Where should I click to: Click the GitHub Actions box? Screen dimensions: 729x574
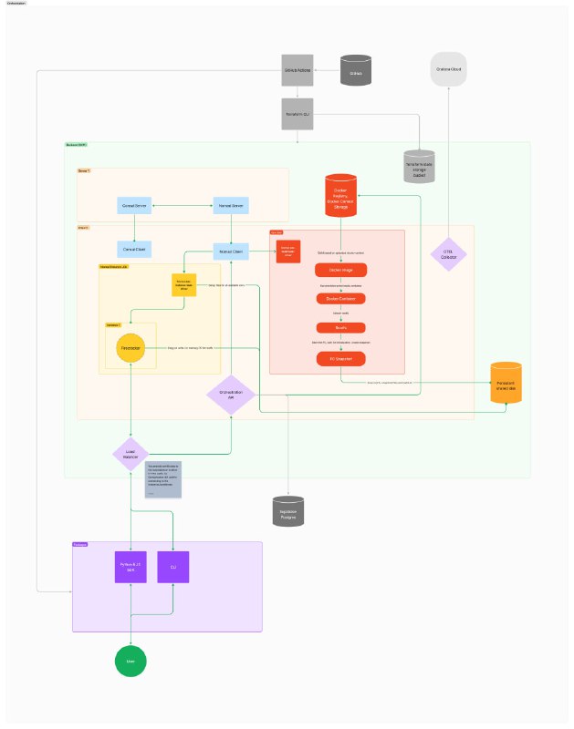click(x=297, y=70)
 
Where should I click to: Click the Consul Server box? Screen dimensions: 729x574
click(x=135, y=207)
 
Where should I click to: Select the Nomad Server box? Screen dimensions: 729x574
click(x=231, y=207)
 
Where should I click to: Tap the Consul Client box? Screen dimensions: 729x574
click(x=135, y=249)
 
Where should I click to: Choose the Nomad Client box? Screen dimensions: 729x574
click(x=231, y=249)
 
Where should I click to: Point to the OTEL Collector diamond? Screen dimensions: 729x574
click(x=448, y=253)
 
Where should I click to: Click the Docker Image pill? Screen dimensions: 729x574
click(x=340, y=270)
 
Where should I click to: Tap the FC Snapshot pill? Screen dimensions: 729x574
click(x=340, y=357)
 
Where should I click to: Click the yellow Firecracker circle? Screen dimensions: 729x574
click(x=131, y=347)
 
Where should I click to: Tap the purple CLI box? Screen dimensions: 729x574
click(x=173, y=567)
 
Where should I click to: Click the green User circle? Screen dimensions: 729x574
click(x=130, y=661)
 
